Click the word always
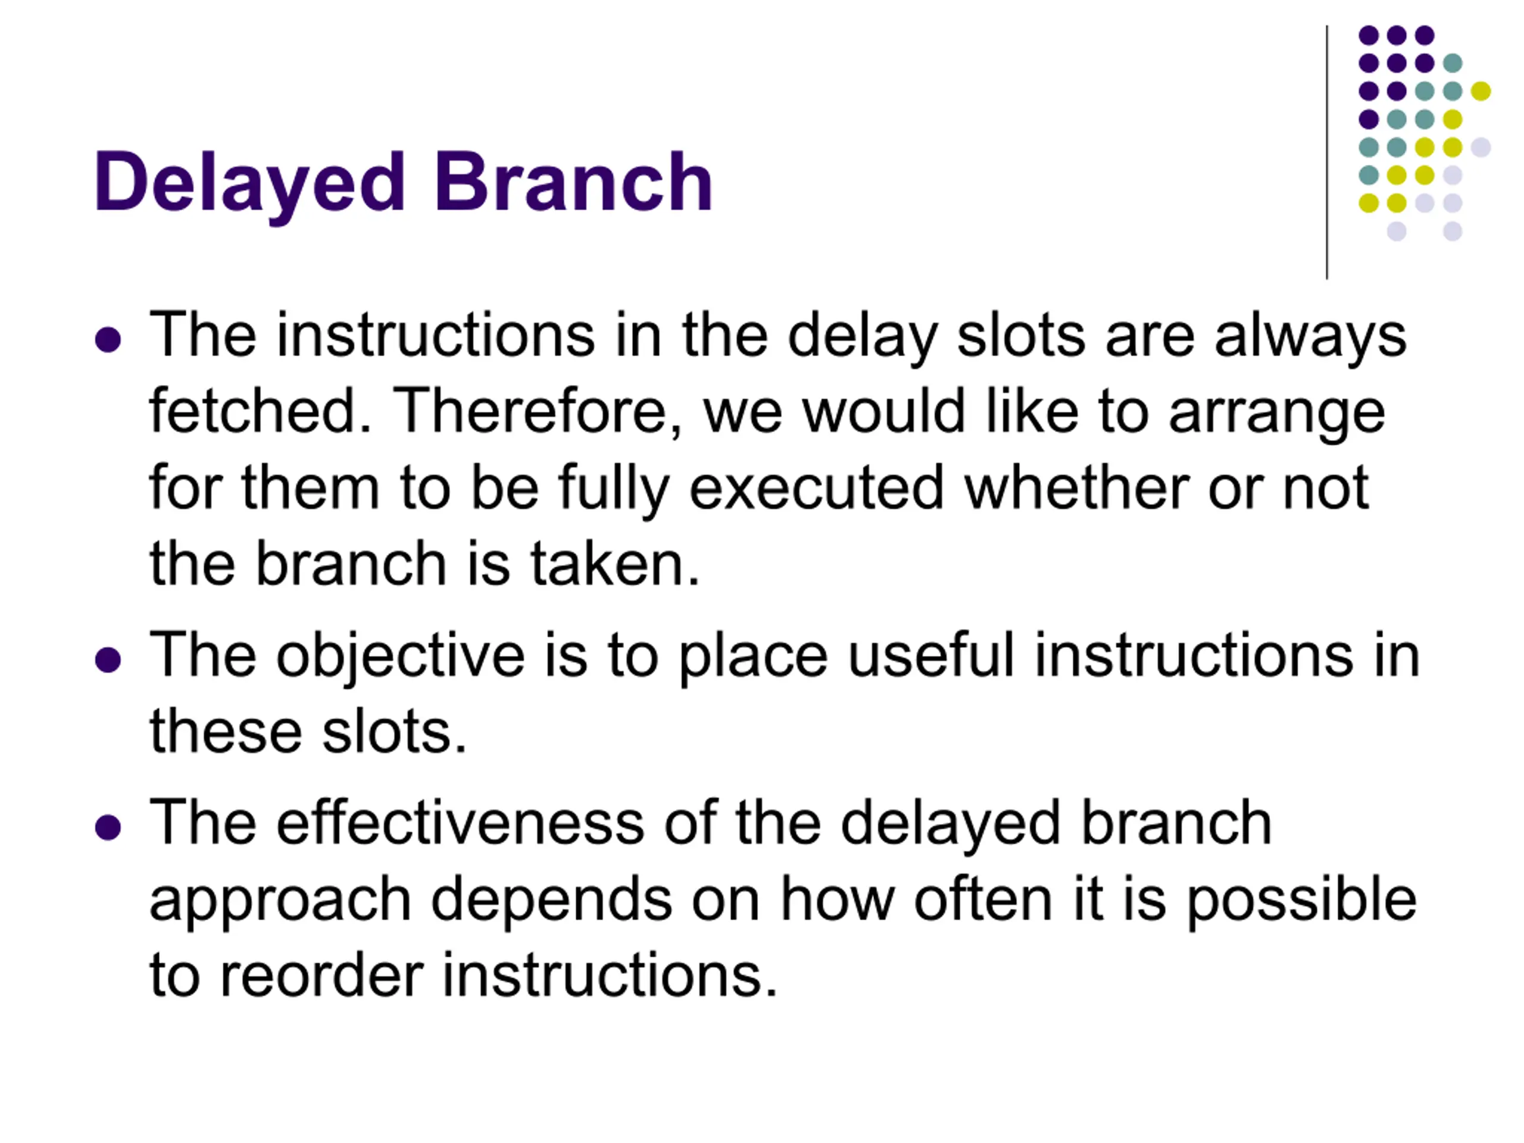point(1310,337)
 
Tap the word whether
point(1077,487)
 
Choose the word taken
point(614,564)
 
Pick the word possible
point(1301,900)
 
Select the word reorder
point(321,976)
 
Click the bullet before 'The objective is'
point(108,660)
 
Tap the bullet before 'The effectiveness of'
point(108,827)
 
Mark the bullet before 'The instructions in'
point(108,340)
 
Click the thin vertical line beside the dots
point(1327,152)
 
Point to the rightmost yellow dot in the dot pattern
point(1481,91)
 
